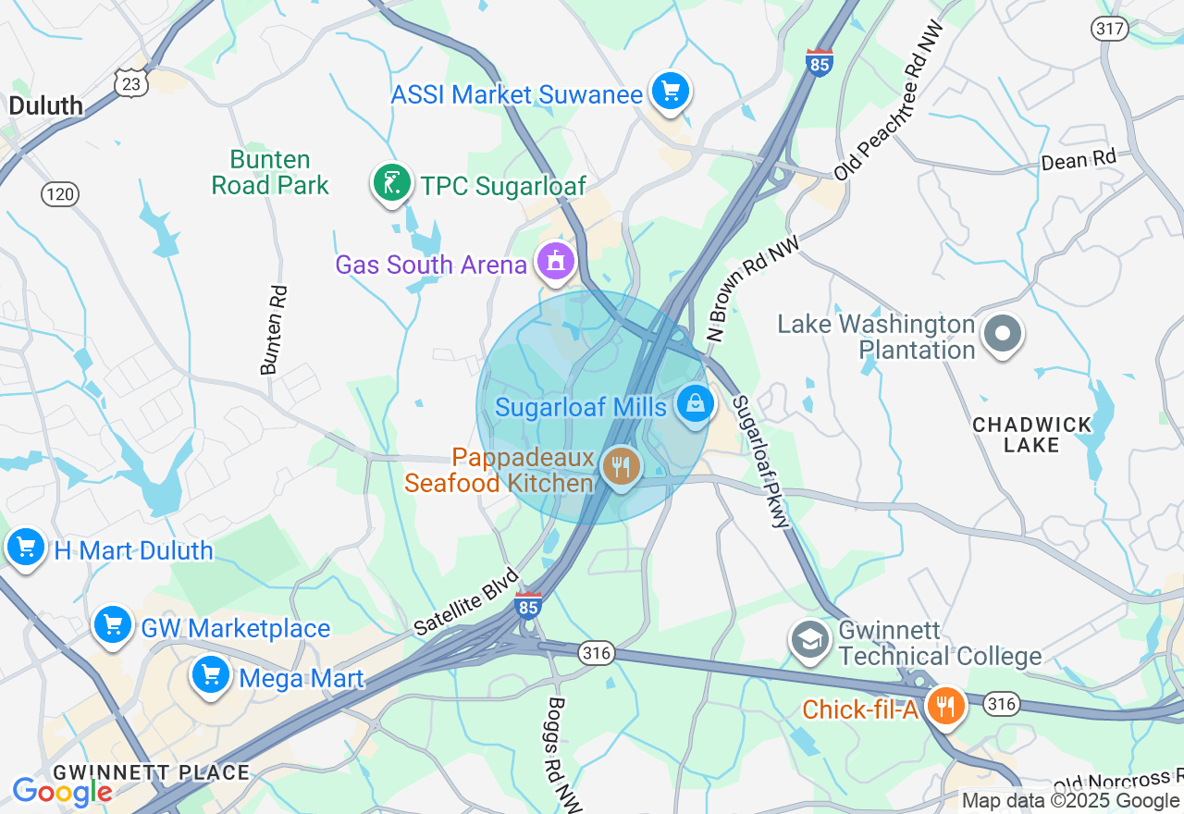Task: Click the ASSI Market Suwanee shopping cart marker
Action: coord(671,92)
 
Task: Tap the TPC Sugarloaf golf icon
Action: coord(392,183)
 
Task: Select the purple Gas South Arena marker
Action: coord(555,263)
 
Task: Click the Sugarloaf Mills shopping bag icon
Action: coord(695,404)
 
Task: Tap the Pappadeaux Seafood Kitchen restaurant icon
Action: coord(621,466)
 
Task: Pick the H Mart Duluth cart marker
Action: coord(26,548)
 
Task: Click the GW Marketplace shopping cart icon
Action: coord(113,625)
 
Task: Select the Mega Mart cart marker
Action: coord(211,675)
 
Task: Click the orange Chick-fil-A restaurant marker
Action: coord(944,708)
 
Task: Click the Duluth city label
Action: coord(45,105)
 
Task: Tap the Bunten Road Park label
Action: coord(270,173)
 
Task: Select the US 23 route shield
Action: coord(131,84)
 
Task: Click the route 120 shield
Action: coord(60,194)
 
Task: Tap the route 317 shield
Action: coord(1109,29)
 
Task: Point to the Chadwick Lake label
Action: coord(1031,435)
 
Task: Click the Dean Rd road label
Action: coord(1078,160)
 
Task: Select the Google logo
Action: coord(61,792)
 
